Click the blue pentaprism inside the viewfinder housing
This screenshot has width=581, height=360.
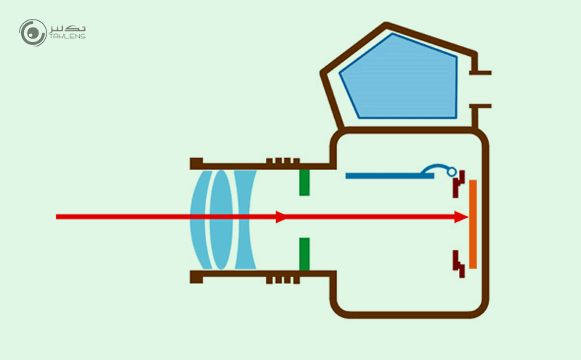tap(399, 76)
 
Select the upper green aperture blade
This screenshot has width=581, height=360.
tap(304, 182)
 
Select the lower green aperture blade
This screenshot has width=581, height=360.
tap(304, 252)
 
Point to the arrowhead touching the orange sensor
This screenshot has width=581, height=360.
tap(460, 216)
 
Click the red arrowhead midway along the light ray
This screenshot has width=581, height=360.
tap(280, 216)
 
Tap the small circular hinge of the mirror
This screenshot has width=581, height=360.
tap(452, 172)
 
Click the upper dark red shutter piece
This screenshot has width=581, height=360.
tap(458, 187)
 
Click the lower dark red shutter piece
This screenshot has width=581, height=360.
tap(458, 262)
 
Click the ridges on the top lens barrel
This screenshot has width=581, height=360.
tap(283, 161)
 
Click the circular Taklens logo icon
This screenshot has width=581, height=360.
tap(33, 33)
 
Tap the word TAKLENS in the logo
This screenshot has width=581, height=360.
tap(67, 37)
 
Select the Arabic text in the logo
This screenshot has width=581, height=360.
tap(67, 28)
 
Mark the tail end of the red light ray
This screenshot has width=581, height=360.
tap(58, 216)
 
